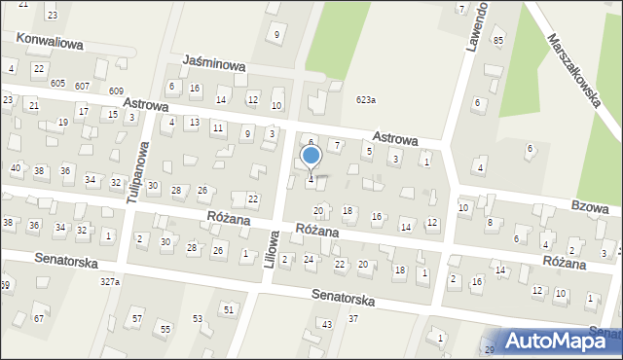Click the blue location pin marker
tap(311, 156)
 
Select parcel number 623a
tap(366, 100)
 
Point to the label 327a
tap(109, 281)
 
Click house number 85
tap(498, 40)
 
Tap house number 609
tap(117, 90)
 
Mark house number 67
tap(39, 319)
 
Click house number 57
tap(137, 319)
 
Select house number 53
tap(198, 318)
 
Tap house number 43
tap(327, 324)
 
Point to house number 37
tap(353, 318)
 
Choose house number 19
tap(63, 123)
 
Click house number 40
tap(16, 168)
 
